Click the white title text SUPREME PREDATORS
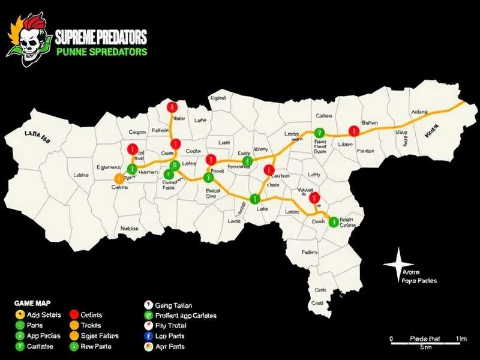pyautogui.click(x=101, y=38)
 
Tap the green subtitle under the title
pyautogui.click(x=101, y=52)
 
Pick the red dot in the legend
pyautogui.click(x=74, y=314)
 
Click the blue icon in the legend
pyautogui.click(x=148, y=336)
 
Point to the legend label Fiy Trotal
pyautogui.click(x=170, y=325)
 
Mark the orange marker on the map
pyautogui.click(x=119, y=178)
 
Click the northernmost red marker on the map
pyautogui.click(x=173, y=107)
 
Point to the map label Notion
pyautogui.click(x=129, y=229)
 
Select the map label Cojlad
pyautogui.click(x=218, y=98)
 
